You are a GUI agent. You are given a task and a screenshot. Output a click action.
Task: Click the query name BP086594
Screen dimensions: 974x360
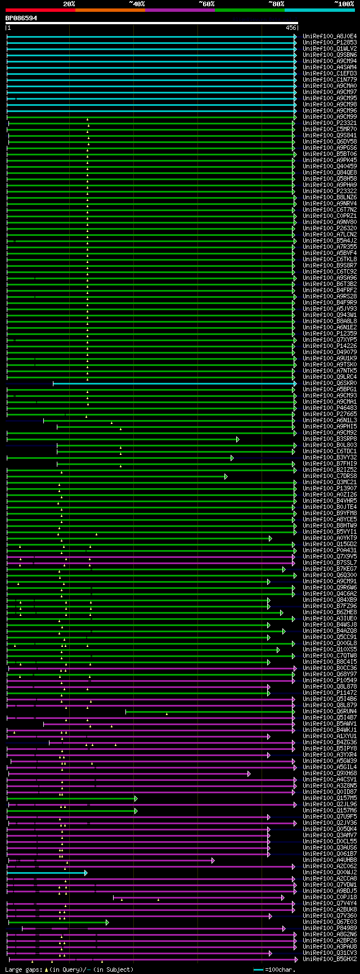tap(21, 18)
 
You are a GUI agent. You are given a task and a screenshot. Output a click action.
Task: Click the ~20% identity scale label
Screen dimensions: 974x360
tap(69, 4)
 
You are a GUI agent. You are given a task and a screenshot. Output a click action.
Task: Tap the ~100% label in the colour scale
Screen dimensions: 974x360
tap(344, 4)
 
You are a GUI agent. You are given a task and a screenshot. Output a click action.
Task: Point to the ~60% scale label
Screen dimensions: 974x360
tap(206, 4)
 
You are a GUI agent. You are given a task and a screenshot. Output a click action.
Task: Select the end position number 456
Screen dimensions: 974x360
tap(291, 28)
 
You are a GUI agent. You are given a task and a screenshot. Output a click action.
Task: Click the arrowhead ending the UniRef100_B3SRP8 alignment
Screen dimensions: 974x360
tap(238, 439)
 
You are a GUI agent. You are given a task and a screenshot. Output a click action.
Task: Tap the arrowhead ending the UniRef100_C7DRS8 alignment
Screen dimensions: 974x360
tap(226, 476)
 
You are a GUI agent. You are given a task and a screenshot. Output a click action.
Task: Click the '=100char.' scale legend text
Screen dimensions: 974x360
tap(279, 969)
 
